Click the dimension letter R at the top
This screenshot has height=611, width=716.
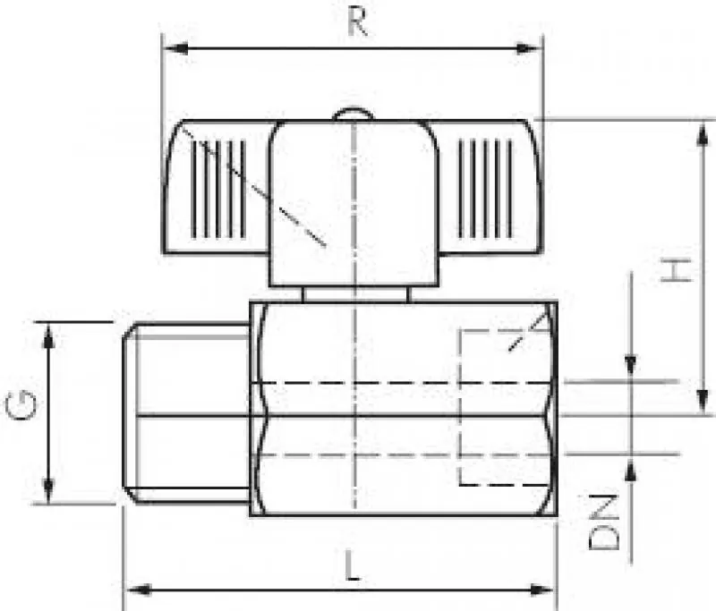[357, 21]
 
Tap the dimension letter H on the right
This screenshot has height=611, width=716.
[677, 270]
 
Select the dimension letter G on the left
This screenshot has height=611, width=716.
[21, 405]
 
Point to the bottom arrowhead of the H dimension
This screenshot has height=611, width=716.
[703, 402]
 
